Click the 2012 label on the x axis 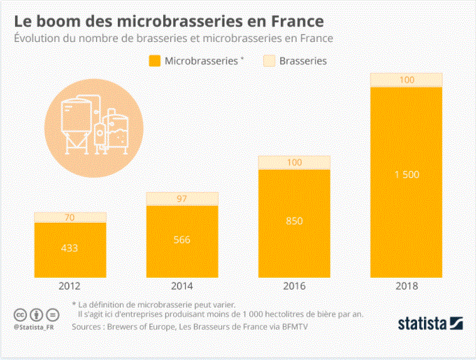[70, 287]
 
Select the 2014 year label [182, 287]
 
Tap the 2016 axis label [294, 287]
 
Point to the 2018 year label [406, 287]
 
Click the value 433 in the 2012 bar [70, 248]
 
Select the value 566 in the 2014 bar [182, 240]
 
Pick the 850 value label [294, 220]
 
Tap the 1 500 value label [406, 174]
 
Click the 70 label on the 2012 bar [70, 218]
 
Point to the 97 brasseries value [182, 199]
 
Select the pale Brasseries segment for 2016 [294, 162]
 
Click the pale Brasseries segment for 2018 [406, 80]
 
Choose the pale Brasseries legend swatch [269, 61]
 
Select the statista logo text [421, 324]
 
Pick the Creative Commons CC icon [20, 314]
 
